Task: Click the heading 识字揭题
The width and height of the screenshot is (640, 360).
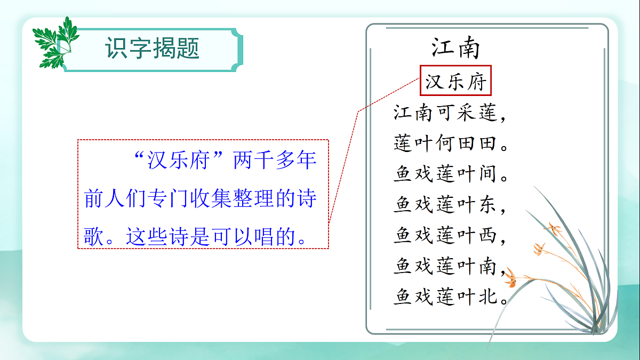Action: click(x=153, y=49)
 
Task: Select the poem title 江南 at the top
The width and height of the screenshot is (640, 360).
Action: click(x=456, y=48)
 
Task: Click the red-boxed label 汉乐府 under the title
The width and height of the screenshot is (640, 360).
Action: click(x=456, y=83)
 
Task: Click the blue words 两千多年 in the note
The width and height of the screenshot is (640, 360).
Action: click(x=275, y=161)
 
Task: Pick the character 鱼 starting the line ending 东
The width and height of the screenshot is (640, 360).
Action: click(x=403, y=204)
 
